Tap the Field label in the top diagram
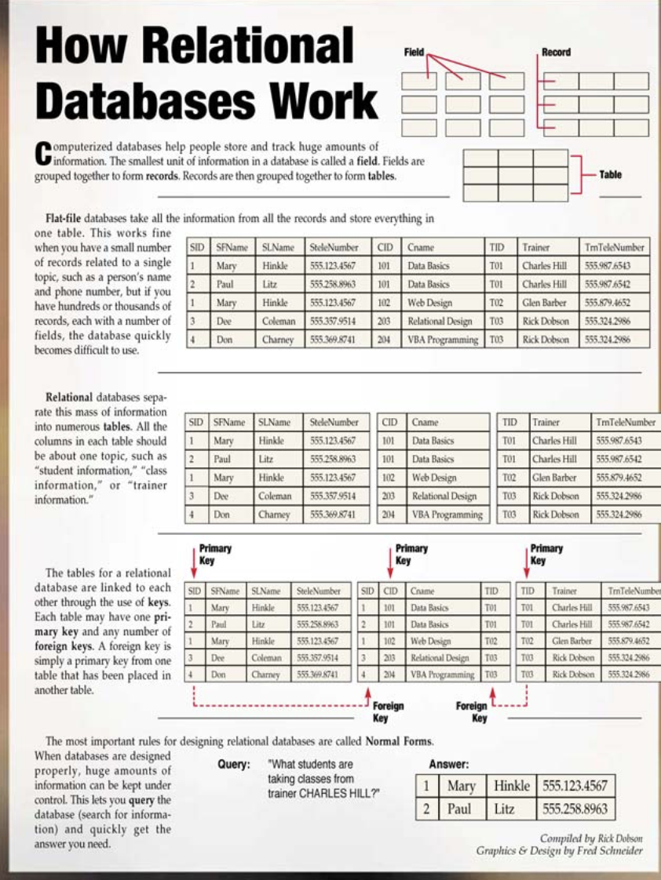click(x=413, y=53)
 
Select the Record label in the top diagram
click(x=556, y=53)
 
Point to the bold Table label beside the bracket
click(x=610, y=174)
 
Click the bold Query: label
click(x=234, y=764)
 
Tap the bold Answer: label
click(x=449, y=764)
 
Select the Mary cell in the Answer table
click(x=461, y=785)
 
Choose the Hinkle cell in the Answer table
click(x=512, y=785)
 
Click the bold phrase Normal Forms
click(x=399, y=740)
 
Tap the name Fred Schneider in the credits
click(x=604, y=851)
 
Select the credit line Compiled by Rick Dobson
click(x=591, y=838)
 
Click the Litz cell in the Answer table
click(x=505, y=809)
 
